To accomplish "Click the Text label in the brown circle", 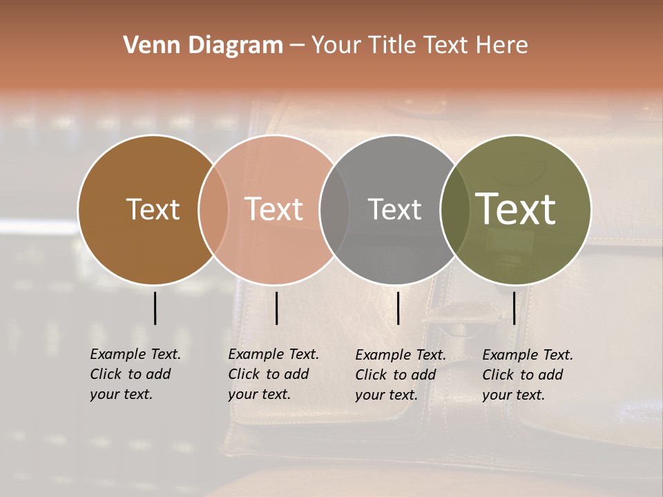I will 153,209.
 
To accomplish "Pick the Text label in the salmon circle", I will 274,209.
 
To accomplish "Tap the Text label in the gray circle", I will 394,209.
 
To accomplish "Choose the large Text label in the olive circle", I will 516,209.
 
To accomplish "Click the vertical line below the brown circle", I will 155,308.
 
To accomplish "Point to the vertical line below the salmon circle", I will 276,308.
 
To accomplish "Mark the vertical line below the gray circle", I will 398,308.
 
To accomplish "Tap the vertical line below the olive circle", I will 514,308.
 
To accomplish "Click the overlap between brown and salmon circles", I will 213,209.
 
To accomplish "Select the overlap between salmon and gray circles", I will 334,209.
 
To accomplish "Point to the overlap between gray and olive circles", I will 455,209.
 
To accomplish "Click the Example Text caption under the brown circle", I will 135,374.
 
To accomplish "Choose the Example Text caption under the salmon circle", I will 273,374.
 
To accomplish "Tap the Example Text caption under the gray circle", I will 400,375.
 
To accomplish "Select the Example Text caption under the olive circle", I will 527,375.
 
